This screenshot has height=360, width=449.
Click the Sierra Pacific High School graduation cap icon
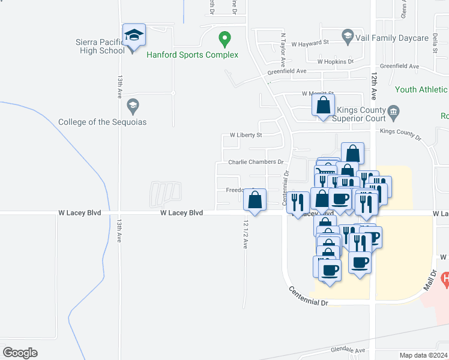tap(134, 35)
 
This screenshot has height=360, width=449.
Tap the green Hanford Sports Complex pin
tap(224, 40)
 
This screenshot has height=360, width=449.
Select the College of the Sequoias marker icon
tap(133, 107)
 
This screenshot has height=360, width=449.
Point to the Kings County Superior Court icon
tap(394, 110)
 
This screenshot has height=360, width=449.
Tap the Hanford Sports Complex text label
tap(193, 55)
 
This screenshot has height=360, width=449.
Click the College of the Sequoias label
tap(102, 122)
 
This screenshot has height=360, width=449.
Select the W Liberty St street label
tap(242, 136)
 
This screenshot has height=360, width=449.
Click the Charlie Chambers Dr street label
tap(255, 162)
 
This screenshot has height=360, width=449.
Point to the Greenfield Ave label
tap(287, 71)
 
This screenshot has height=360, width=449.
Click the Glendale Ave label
tap(348, 350)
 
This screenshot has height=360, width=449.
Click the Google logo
tap(20, 353)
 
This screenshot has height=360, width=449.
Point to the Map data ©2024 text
tap(423, 355)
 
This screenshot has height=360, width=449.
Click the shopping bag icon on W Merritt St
tap(324, 106)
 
